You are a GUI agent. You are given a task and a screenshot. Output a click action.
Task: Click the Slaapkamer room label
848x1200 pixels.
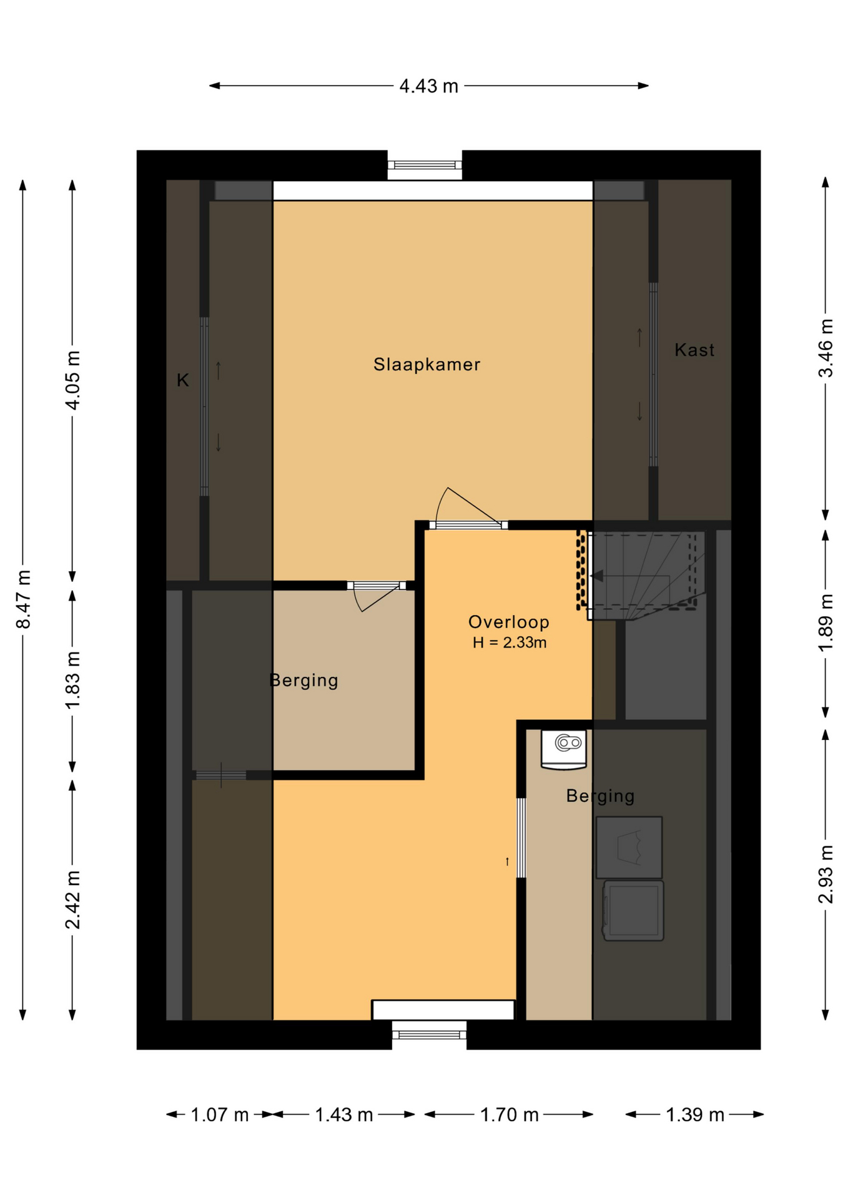[x=426, y=364]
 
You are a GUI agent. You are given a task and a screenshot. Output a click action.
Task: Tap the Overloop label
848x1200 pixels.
[x=509, y=622]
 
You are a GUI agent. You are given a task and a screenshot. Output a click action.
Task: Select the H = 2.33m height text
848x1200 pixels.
[x=509, y=642]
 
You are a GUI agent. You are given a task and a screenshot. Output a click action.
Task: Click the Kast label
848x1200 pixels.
[x=694, y=349]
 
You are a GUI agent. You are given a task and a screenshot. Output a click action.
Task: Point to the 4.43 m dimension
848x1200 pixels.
[x=429, y=86]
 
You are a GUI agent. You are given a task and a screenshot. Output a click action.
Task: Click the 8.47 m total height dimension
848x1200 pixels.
[x=22, y=599]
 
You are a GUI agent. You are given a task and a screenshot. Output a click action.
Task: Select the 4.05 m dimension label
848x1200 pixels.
[x=72, y=381]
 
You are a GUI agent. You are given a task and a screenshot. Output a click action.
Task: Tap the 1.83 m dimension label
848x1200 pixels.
[x=72, y=681]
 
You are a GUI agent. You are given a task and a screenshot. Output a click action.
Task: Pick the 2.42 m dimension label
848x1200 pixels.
[x=72, y=900]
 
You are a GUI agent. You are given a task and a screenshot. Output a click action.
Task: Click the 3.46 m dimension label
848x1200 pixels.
[x=826, y=348]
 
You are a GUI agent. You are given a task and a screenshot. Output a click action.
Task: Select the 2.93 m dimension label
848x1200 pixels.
[x=826, y=874]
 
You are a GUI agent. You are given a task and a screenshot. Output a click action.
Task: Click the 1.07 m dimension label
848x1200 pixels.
[x=219, y=1114]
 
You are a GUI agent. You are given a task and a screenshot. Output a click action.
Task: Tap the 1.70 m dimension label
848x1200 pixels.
[x=509, y=1114]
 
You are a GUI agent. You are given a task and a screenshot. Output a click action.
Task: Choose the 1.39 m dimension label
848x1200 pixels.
[x=694, y=1114]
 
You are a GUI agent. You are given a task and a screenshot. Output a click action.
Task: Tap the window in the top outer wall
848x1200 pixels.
[x=425, y=165]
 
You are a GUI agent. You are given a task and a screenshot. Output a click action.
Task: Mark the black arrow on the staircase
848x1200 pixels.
[x=597, y=576]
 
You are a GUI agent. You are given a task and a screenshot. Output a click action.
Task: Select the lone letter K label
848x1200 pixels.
[x=182, y=380]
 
